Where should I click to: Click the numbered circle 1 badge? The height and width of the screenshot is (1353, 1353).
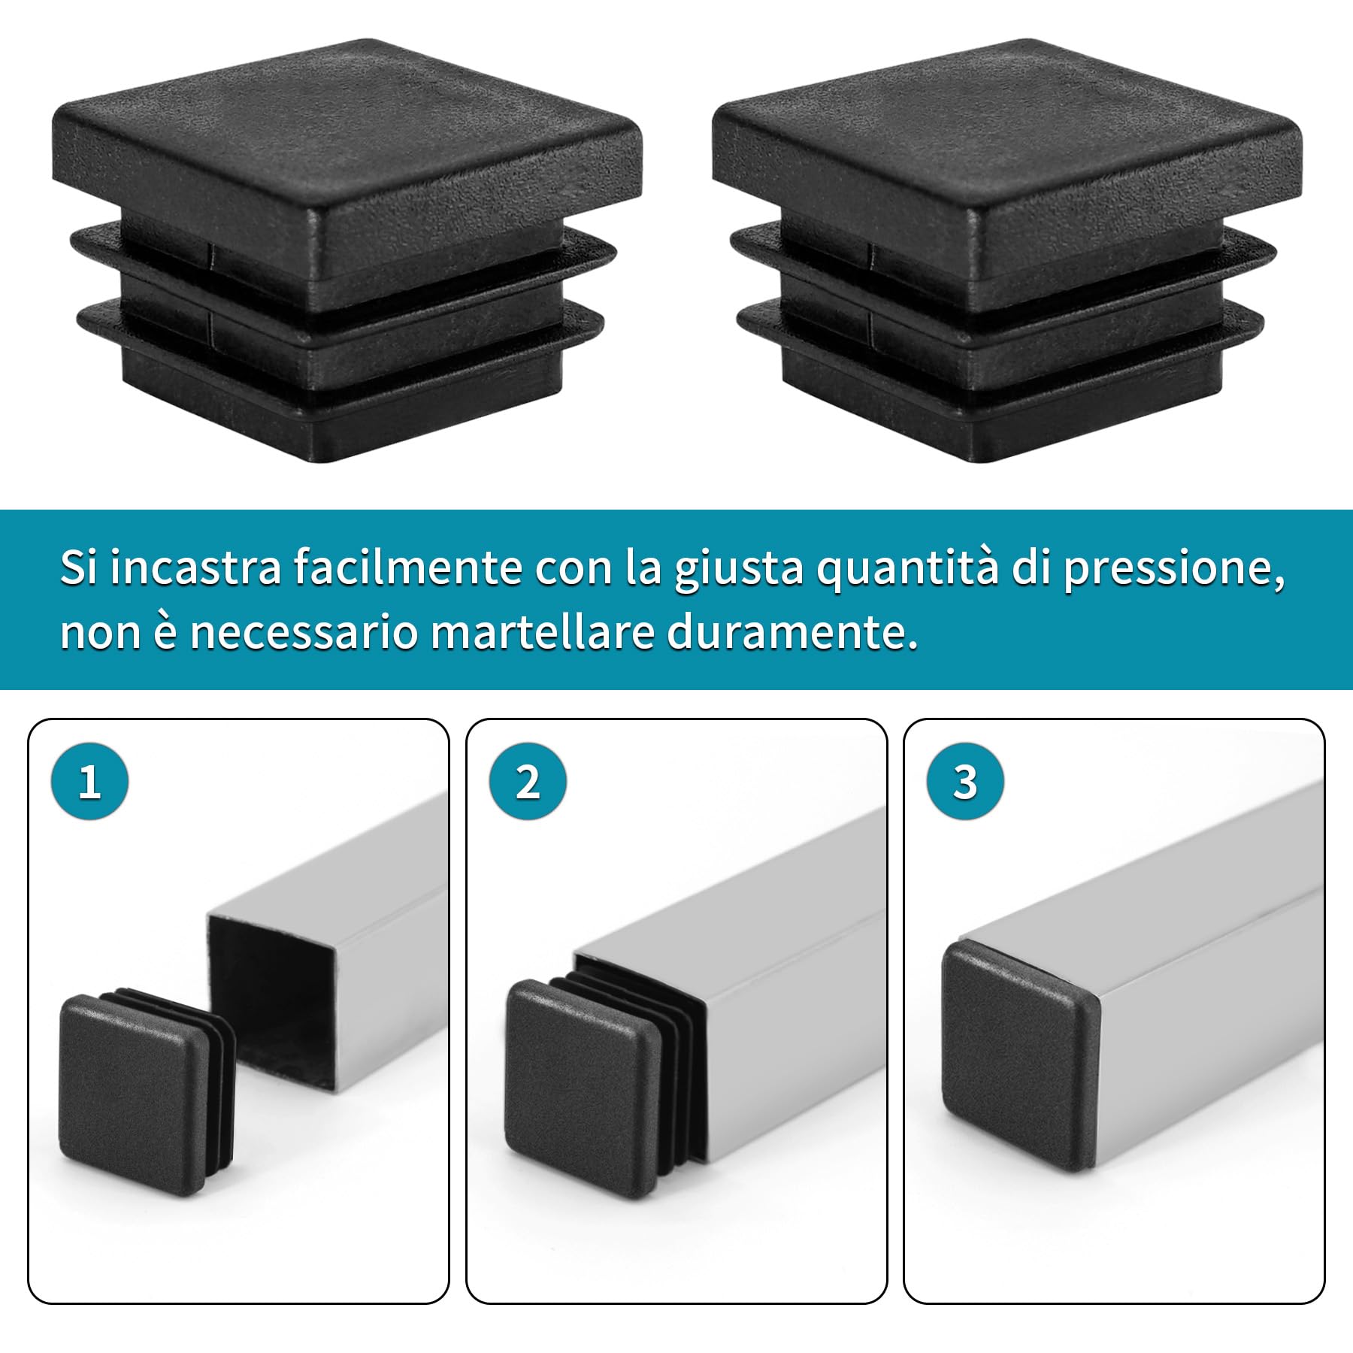coord(89,782)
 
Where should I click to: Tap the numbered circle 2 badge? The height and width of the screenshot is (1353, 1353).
coord(527,782)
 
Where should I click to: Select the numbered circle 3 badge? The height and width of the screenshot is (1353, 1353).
coord(965,782)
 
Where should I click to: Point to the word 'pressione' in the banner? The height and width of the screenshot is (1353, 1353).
coord(1171,569)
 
